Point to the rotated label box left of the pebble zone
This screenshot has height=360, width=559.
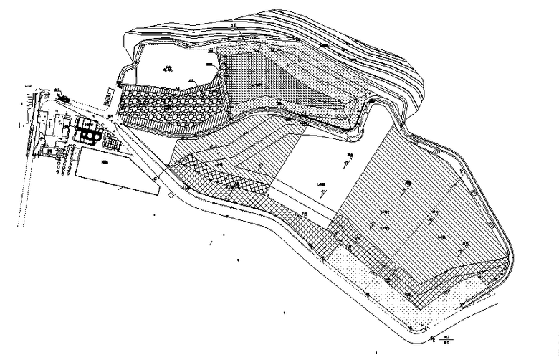point(107,95)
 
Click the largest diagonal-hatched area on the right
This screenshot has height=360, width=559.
point(416,208)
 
